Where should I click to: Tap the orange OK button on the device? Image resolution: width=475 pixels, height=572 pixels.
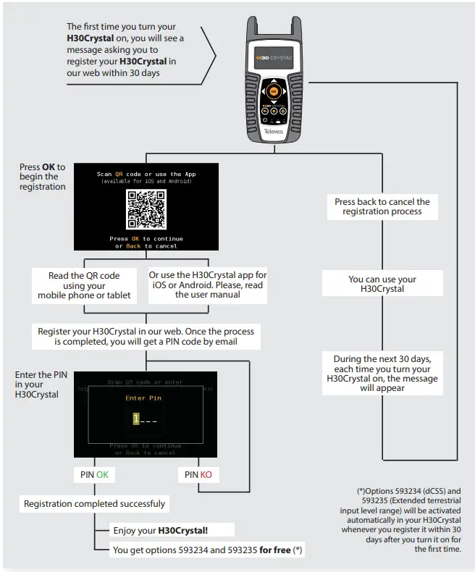pos(272,92)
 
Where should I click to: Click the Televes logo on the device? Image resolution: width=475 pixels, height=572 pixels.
pos(273,133)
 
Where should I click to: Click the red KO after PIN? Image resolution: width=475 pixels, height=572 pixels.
pos(206,474)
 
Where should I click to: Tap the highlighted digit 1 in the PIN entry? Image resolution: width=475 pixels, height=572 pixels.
pos(135,419)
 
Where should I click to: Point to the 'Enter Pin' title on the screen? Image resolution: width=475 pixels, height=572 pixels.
pos(143,398)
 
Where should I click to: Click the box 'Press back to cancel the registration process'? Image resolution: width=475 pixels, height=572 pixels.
pos(382,206)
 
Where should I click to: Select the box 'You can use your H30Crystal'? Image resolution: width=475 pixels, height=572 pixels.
pos(382,284)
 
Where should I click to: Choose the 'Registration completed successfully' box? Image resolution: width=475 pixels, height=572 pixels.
pos(94,503)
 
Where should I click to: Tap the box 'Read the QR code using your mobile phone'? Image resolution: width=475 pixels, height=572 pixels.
pos(84,285)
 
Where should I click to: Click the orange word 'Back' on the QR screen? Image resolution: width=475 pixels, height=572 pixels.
pos(133,246)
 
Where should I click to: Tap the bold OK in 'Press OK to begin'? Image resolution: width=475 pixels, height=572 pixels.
pos(49,167)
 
